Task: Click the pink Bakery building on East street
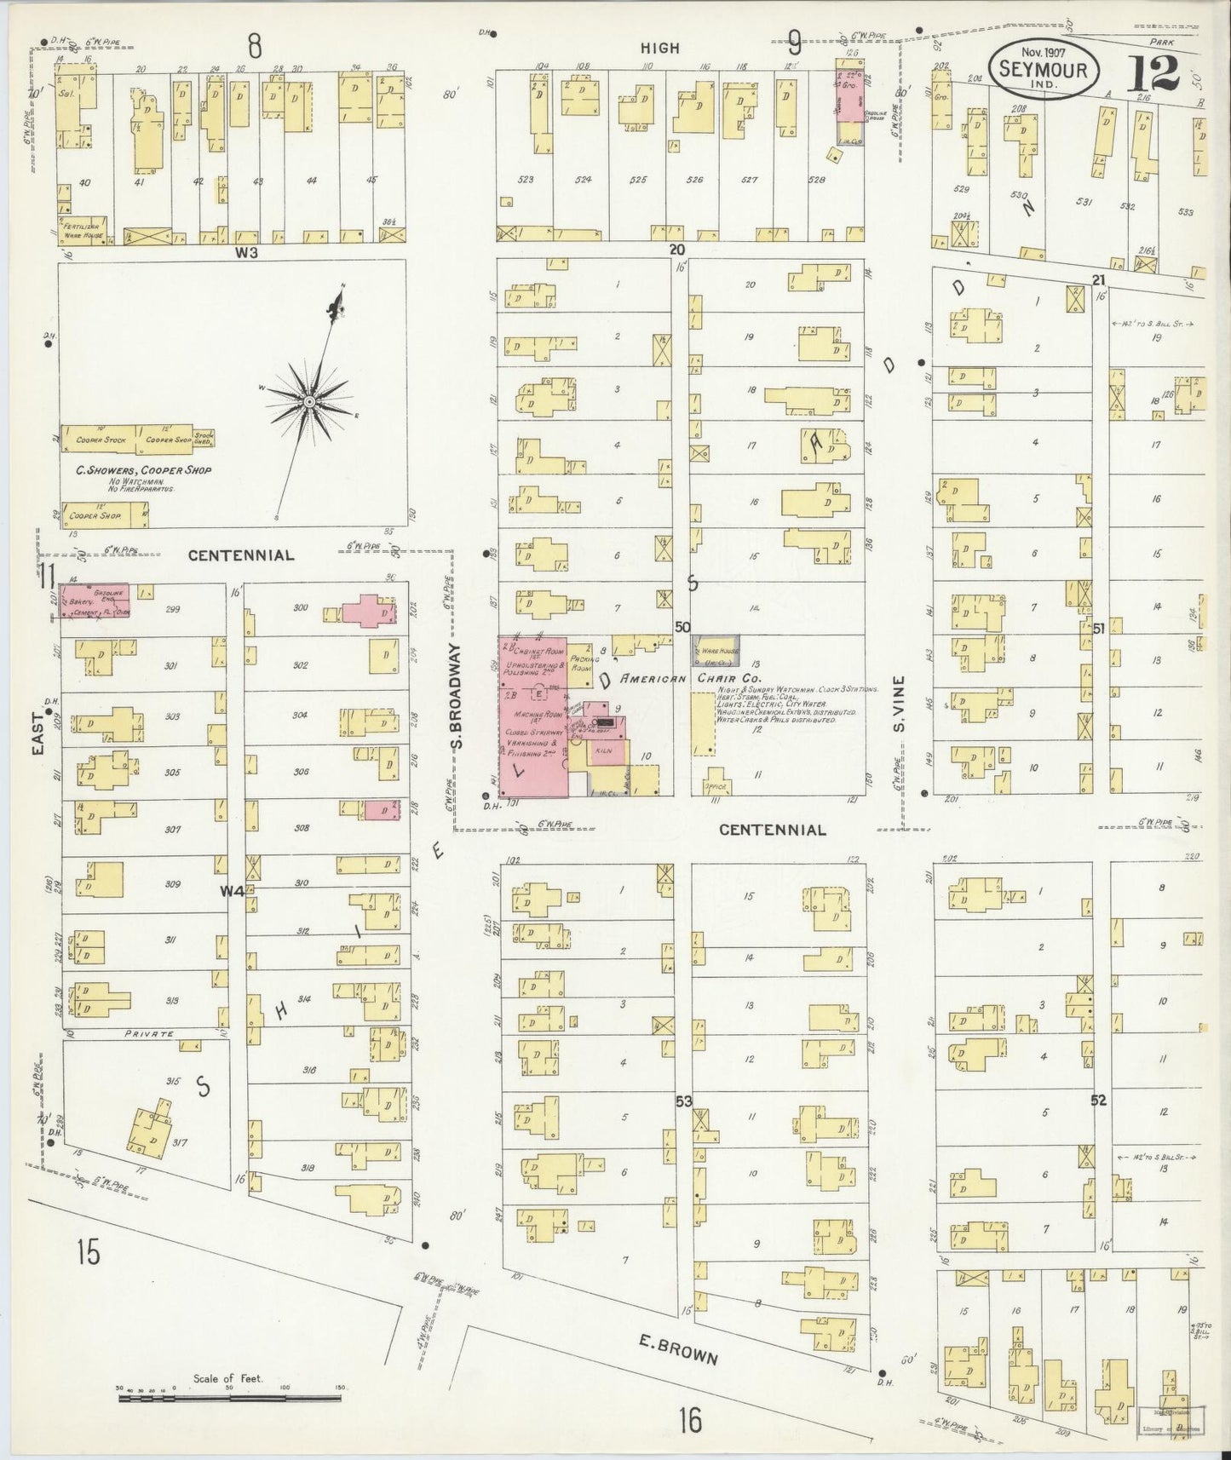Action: [94, 600]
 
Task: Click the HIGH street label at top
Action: [660, 49]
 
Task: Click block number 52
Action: [1098, 1101]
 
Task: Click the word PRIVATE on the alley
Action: [150, 1034]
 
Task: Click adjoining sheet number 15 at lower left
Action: [88, 1253]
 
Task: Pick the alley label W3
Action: [247, 252]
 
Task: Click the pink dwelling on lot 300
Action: [370, 612]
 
